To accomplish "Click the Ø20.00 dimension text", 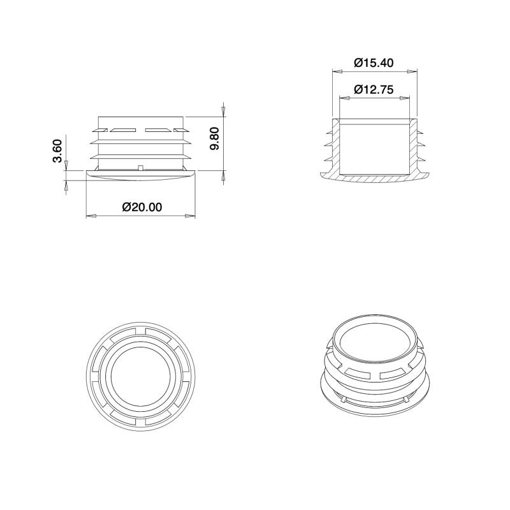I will point(142,207).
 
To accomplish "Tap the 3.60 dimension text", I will point(57,150).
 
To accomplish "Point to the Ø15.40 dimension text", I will point(374,62).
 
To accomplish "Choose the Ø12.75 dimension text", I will point(374,89).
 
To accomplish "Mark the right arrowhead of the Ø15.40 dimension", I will point(414,71).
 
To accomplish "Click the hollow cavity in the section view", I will point(374,147).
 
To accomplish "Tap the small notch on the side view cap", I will point(139,168).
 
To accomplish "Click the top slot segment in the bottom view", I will point(142,333).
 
